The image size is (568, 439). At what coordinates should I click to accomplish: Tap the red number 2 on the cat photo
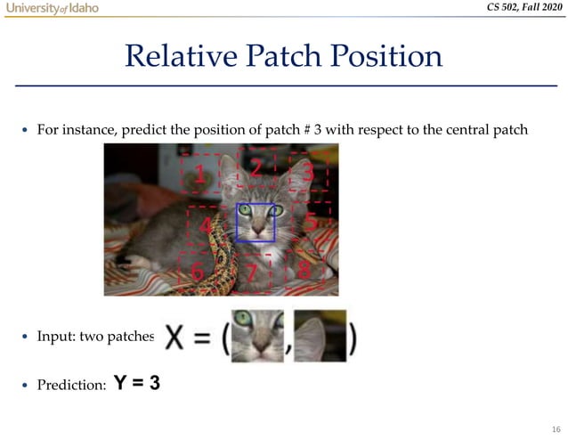tap(256, 167)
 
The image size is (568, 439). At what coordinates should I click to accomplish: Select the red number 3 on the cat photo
tap(308, 171)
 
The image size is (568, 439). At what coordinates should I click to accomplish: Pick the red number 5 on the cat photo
tap(311, 219)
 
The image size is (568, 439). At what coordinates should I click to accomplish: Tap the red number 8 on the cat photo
tap(304, 270)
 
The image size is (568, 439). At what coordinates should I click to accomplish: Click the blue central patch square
tap(256, 222)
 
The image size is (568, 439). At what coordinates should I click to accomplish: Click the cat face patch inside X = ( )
tap(256, 337)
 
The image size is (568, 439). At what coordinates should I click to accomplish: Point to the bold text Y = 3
tap(137, 384)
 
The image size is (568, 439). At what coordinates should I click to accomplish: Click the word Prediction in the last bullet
tap(70, 385)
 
